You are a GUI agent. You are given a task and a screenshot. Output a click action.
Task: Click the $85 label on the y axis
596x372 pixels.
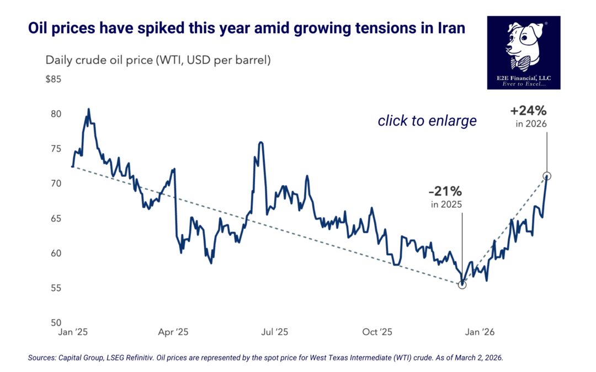[53, 79]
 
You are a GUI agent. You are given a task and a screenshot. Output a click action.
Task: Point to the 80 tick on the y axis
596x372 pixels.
[55, 114]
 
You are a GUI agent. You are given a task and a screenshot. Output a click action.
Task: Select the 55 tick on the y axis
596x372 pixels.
[55, 288]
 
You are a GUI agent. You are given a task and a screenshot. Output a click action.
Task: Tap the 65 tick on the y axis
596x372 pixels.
[55, 219]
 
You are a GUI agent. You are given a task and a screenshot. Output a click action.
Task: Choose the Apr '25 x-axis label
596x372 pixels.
[173, 332]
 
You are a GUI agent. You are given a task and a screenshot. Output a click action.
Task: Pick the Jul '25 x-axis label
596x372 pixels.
[274, 332]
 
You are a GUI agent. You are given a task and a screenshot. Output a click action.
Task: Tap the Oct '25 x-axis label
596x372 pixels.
[377, 332]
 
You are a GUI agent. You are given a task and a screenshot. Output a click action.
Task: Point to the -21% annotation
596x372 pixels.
[445, 192]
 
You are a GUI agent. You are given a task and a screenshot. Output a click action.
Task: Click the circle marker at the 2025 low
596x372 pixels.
[462, 284]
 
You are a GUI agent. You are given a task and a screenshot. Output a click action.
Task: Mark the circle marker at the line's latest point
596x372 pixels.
[547, 176]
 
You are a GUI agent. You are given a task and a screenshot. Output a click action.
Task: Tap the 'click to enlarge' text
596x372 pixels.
[427, 121]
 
